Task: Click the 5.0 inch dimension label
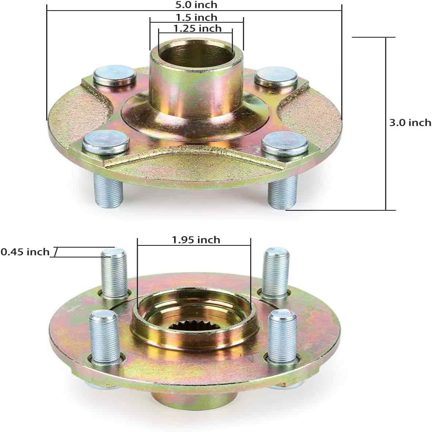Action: tap(196, 5)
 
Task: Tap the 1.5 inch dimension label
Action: tap(196, 18)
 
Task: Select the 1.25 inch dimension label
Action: tap(197, 28)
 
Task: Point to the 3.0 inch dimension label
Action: tap(410, 123)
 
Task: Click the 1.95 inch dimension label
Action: tap(196, 240)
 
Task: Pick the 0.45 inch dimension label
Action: tap(25, 252)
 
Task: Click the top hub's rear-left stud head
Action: tap(114, 75)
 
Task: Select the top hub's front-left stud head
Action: tap(106, 142)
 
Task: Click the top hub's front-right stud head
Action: tap(285, 143)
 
